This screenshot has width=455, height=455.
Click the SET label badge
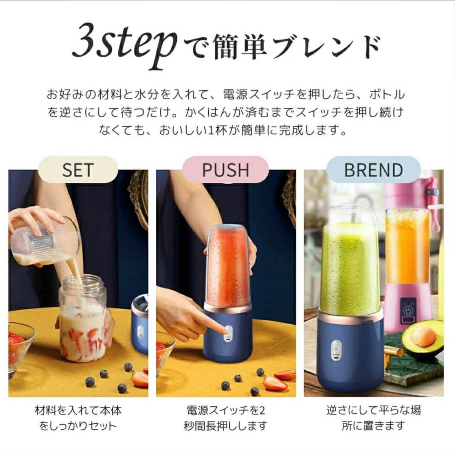[x=78, y=170]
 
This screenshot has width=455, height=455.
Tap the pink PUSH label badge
[x=225, y=170]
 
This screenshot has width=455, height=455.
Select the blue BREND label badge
[x=373, y=170]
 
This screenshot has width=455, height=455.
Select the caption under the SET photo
[x=78, y=418]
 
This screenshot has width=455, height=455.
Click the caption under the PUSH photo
[x=225, y=418]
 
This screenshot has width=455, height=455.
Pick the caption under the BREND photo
[x=373, y=418]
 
